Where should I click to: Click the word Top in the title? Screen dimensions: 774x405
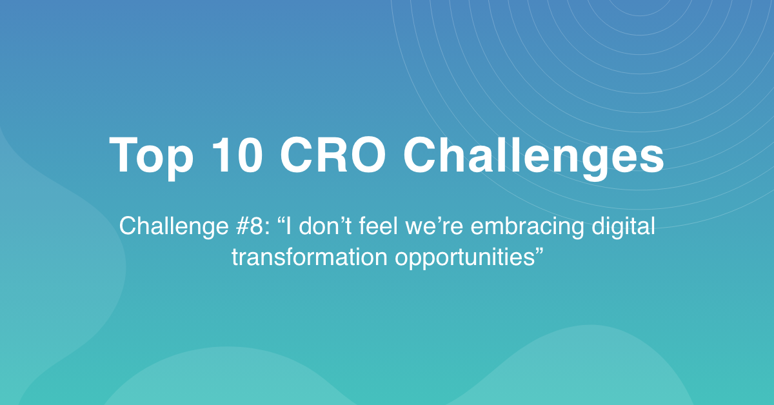point(151,157)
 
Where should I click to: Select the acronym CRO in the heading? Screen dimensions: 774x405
point(332,155)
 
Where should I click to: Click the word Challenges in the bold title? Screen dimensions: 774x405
point(533,157)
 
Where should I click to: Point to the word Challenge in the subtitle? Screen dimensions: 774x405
point(174,227)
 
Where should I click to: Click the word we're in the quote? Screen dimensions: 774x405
point(434,226)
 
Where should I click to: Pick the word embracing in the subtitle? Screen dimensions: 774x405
point(528,227)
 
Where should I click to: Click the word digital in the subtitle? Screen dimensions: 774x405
point(623,227)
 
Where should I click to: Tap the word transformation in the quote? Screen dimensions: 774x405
point(310,257)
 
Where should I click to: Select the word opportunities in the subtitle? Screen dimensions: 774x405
point(465,258)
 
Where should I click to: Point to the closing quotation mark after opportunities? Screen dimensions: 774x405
point(539,250)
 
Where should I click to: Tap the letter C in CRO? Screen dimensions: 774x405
point(297,155)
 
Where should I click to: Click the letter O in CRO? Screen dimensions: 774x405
point(366,155)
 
